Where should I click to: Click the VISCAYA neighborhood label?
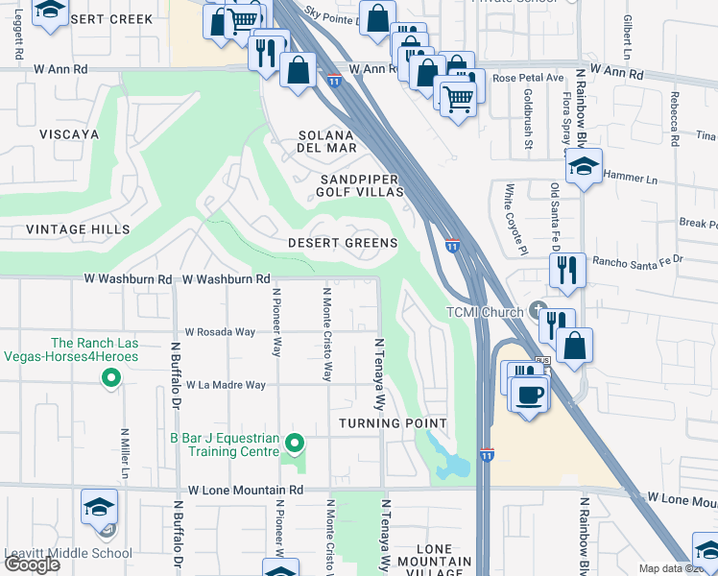click(68, 134)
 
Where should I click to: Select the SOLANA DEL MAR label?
click(327, 141)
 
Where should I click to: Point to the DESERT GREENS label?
click(343, 244)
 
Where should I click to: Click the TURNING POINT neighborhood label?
click(394, 423)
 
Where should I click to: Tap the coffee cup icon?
click(528, 394)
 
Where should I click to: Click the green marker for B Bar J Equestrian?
click(296, 443)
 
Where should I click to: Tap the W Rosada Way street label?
click(220, 332)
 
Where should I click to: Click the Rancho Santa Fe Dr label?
click(637, 259)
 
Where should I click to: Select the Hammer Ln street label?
click(629, 178)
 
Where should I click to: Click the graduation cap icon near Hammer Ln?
click(584, 167)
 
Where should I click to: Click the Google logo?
click(32, 564)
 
